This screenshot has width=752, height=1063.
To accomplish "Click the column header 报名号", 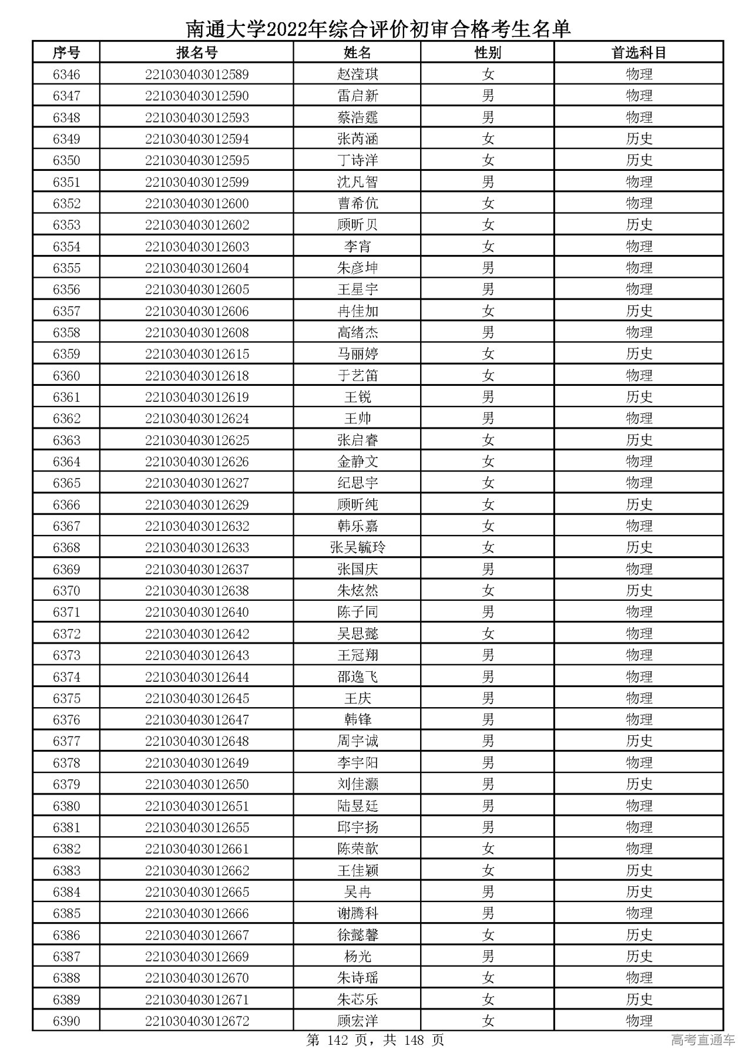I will coord(197,53).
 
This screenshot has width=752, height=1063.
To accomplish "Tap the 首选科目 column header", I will coord(639,53).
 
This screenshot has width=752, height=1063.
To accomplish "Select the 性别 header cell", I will coord(488,53).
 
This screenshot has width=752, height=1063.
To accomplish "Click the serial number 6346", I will coord(66,75).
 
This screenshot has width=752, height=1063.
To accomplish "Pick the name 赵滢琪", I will coord(357,75).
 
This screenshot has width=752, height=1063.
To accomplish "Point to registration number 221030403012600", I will coord(197,204).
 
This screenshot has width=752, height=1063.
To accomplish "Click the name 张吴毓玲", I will coord(357,548).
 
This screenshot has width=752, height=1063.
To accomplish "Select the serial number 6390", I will coord(66,1021).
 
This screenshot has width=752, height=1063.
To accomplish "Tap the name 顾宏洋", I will coord(357,1021).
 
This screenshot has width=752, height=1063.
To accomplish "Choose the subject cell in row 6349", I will coord(639,139).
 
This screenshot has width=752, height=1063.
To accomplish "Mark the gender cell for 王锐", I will coord(488,398).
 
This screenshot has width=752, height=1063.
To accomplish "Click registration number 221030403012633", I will coord(197,548).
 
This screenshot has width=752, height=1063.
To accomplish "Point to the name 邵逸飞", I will coord(357,677).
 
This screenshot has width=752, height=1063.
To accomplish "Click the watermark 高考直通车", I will coord(703,1041).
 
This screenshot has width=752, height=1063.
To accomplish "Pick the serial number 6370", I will coord(66,591).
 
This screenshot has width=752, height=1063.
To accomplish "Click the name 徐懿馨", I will coord(357,935).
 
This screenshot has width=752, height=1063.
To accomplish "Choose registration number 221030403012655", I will coord(197,827).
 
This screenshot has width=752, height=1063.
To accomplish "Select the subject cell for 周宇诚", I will coord(639,741).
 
